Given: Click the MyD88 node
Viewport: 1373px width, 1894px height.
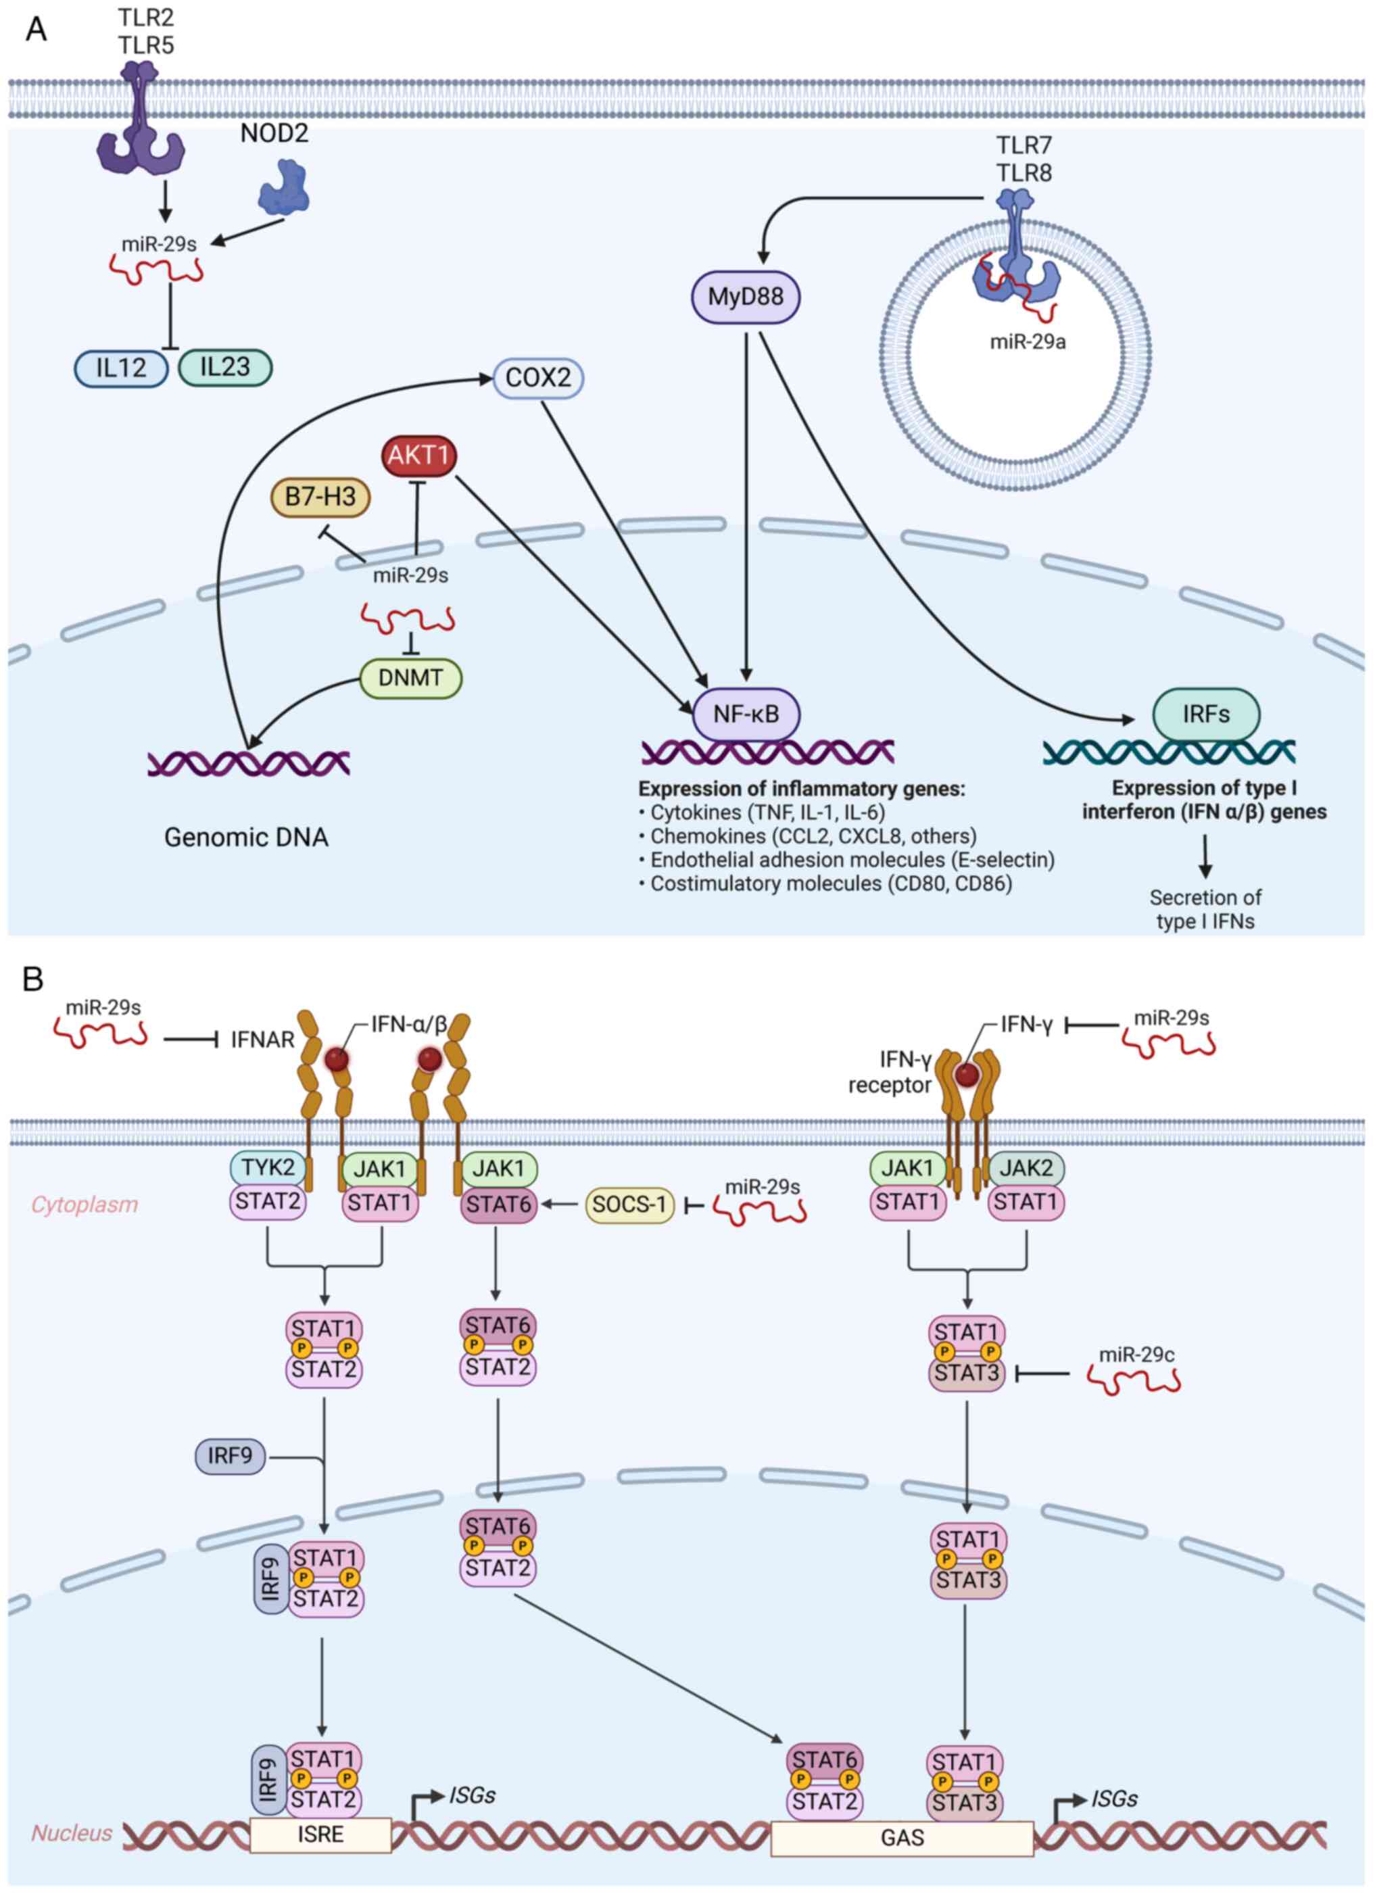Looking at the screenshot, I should tap(745, 297).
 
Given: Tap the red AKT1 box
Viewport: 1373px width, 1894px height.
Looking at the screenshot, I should tap(418, 455).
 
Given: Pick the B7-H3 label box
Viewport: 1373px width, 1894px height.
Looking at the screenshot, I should tap(320, 497).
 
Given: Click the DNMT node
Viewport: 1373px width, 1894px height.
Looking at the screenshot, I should tap(410, 677).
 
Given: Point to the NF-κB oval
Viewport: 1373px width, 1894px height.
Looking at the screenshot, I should tap(746, 714).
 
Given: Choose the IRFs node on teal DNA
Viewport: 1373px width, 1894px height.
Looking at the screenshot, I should tap(1205, 714).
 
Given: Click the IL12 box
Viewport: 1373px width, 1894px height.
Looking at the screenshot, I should tap(121, 368).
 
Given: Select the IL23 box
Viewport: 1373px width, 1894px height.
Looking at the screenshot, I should tap(224, 366).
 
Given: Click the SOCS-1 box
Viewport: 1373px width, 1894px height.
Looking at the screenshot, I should tap(629, 1205).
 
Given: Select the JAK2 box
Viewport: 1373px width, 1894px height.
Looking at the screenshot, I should tap(1026, 1167).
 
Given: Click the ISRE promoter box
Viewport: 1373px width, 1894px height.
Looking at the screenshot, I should tap(320, 1834).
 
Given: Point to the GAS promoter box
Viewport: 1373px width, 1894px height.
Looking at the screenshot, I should tap(902, 1837).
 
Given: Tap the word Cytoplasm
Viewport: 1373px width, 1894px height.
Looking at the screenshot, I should tap(85, 1205).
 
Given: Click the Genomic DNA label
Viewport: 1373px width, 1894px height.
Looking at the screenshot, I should tap(245, 837).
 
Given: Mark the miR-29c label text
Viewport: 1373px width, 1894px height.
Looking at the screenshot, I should tap(1136, 1355).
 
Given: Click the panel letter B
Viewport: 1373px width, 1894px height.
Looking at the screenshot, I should tap(32, 979).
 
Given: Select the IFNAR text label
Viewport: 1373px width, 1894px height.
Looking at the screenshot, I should tap(262, 1040).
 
